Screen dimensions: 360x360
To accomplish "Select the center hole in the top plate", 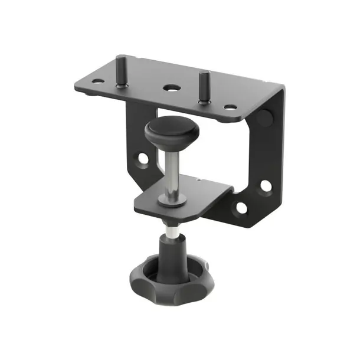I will (x=172, y=88).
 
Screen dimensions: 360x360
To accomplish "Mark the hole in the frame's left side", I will (x=142, y=159).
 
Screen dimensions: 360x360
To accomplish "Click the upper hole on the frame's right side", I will (x=266, y=186).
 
